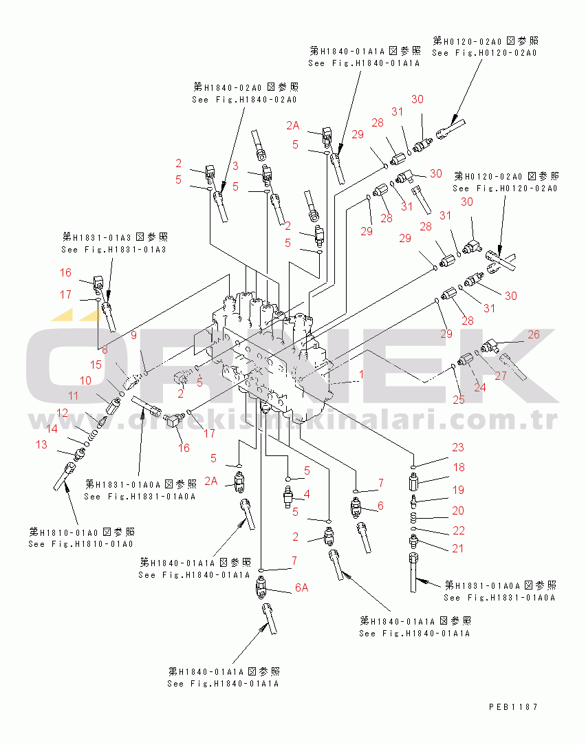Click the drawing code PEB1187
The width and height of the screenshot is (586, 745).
(x=513, y=707)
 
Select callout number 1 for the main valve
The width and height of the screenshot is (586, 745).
(x=361, y=374)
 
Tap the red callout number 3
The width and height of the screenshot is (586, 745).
(x=235, y=166)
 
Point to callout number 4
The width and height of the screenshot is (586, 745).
(x=307, y=494)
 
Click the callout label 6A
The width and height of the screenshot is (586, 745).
(x=302, y=587)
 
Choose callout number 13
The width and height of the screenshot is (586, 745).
(x=42, y=444)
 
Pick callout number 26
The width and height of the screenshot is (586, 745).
(x=534, y=334)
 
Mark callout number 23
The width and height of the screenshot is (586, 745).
(x=458, y=447)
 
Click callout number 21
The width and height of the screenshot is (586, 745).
(x=458, y=548)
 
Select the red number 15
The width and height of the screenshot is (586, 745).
(x=96, y=365)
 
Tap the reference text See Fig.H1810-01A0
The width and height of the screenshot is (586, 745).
(x=80, y=544)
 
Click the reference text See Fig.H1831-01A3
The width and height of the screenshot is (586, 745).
(x=114, y=250)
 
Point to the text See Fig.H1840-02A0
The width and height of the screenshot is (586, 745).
(x=245, y=100)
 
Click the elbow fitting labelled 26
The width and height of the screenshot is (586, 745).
(x=489, y=345)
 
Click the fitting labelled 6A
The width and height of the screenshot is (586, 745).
(x=261, y=587)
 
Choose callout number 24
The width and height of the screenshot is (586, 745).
(x=480, y=387)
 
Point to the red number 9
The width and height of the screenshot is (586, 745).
(x=134, y=335)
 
